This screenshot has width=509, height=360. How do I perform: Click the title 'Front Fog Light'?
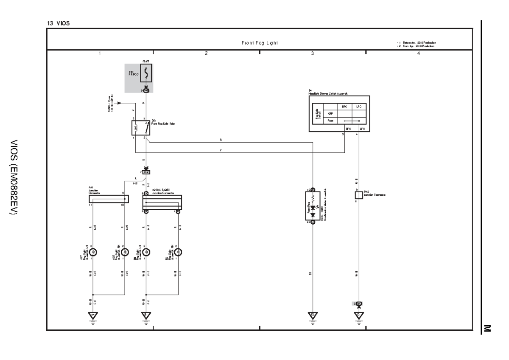(x=260, y=43)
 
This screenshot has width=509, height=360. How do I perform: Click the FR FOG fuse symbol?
(x=146, y=75)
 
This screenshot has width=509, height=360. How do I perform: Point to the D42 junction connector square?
(x=358, y=195)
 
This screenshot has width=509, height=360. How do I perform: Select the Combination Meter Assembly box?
(x=313, y=205)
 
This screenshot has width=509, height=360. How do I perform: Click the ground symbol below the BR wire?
(x=313, y=316)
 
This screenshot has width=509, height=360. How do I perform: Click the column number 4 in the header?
(x=419, y=54)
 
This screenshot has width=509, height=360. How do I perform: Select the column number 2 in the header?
(x=206, y=54)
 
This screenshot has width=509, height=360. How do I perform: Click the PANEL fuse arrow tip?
(x=120, y=103)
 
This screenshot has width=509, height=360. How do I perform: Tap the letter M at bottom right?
(x=487, y=327)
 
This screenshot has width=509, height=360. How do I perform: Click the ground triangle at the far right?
(x=358, y=316)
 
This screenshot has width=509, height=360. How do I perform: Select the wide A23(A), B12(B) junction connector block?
(x=162, y=202)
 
